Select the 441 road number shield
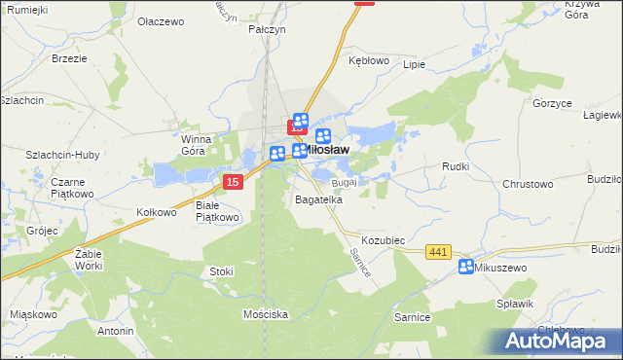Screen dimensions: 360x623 tap(438, 253)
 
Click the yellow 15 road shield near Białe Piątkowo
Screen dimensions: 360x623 tap(232, 182)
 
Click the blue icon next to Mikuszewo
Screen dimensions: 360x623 tap(466, 267)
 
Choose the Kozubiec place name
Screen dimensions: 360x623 tap(383, 239)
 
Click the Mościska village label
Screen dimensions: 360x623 tap(266, 314)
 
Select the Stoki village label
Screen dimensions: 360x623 tap(220, 271)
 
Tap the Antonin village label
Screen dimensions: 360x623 tap(116, 331)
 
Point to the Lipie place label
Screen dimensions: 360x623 tap(415, 64)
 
